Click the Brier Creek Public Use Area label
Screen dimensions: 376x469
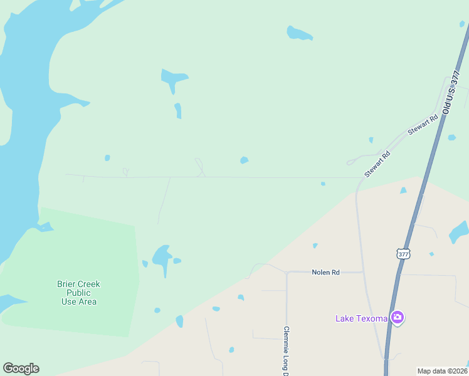[x=78, y=293]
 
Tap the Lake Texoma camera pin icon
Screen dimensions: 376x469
[x=397, y=317]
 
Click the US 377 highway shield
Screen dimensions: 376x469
[x=403, y=254]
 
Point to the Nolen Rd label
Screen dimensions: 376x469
[x=326, y=273]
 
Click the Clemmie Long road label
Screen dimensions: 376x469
[x=286, y=351]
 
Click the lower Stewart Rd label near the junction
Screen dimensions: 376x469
[x=378, y=164]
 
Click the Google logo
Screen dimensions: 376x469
[x=21, y=368]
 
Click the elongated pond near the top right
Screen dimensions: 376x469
[x=299, y=33]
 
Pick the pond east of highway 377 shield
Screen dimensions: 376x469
[x=459, y=231]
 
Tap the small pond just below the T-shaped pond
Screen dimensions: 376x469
[x=178, y=110]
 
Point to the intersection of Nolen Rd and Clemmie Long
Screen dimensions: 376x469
[x=287, y=273]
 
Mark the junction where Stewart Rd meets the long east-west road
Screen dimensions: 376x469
[x=359, y=179]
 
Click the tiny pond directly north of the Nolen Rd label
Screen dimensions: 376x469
[x=315, y=246]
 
